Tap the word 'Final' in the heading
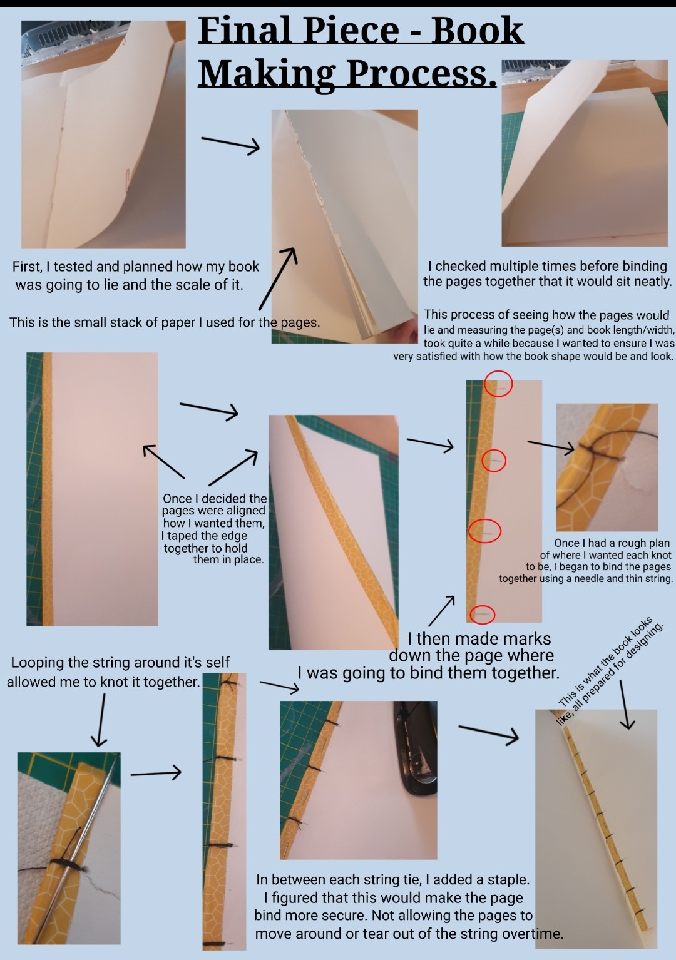[x=245, y=31]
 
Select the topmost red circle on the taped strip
[x=498, y=384]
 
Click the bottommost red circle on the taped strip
[x=482, y=615]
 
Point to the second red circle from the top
[x=494, y=461]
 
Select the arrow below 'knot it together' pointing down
[x=100, y=720]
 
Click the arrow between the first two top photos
[x=230, y=144]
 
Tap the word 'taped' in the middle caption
[x=186, y=536]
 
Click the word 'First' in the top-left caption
[x=26, y=267]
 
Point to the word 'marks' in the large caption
[x=525, y=639]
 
